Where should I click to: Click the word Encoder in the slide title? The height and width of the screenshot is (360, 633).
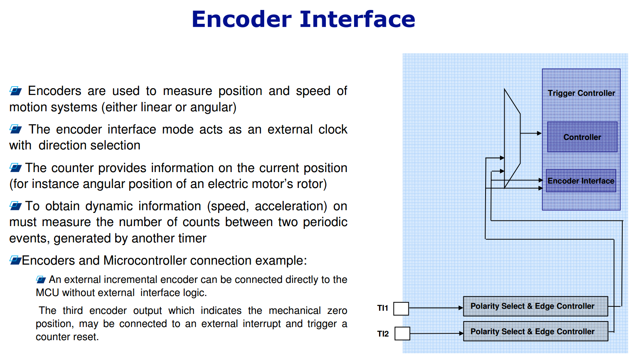pyautogui.click(x=242, y=19)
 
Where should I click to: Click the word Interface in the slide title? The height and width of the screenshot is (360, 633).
pyautogui.click(x=358, y=19)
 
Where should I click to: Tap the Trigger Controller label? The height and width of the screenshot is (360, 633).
pyautogui.click(x=581, y=93)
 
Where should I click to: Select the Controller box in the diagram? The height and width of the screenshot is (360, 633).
pyautogui.click(x=582, y=137)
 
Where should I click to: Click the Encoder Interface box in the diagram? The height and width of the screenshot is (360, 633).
pyautogui.click(x=581, y=180)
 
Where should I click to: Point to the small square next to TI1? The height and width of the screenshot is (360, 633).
pyautogui.click(x=401, y=308)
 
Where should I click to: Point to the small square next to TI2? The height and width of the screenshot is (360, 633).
pyautogui.click(x=402, y=333)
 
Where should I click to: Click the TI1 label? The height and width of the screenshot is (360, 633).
pyautogui.click(x=383, y=308)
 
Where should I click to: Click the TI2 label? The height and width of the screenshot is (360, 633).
pyautogui.click(x=383, y=334)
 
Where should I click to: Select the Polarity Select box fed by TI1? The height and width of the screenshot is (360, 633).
pyautogui.click(x=536, y=306)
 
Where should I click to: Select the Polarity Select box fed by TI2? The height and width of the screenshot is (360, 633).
pyautogui.click(x=536, y=331)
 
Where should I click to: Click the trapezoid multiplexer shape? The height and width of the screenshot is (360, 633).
pyautogui.click(x=512, y=138)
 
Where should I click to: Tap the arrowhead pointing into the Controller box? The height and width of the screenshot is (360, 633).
pyautogui.click(x=540, y=133)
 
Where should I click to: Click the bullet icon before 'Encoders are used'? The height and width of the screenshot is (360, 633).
pyautogui.click(x=16, y=91)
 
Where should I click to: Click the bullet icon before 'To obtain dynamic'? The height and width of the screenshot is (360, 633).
pyautogui.click(x=16, y=206)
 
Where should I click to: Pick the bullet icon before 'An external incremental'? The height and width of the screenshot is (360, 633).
pyautogui.click(x=41, y=279)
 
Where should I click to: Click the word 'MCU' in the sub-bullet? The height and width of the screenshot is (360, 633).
pyautogui.click(x=47, y=293)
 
